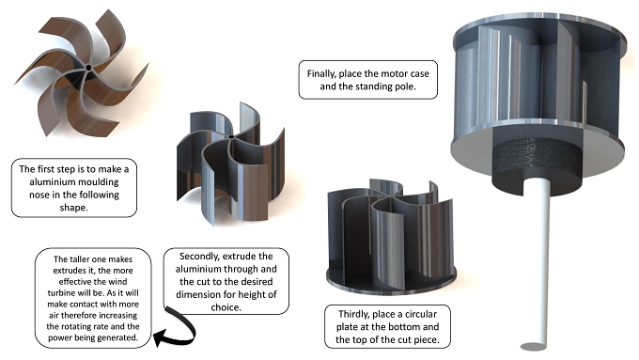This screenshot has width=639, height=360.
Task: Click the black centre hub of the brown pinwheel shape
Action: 88,68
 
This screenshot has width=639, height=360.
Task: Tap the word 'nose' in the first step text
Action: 39,195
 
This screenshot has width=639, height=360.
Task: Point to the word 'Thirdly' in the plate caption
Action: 353,314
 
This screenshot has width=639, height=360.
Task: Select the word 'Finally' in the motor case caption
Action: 321,74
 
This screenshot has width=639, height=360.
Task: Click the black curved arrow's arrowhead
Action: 160,338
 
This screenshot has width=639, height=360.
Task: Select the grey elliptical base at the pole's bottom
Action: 534,347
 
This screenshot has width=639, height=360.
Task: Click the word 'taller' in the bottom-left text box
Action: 79,259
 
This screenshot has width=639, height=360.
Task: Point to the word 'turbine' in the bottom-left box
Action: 61,293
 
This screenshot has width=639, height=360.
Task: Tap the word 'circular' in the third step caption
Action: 421,314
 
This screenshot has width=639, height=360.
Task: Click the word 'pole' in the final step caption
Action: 406,86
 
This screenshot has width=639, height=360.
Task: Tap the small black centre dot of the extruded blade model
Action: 231,137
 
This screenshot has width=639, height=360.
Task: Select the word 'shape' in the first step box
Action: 73,208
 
